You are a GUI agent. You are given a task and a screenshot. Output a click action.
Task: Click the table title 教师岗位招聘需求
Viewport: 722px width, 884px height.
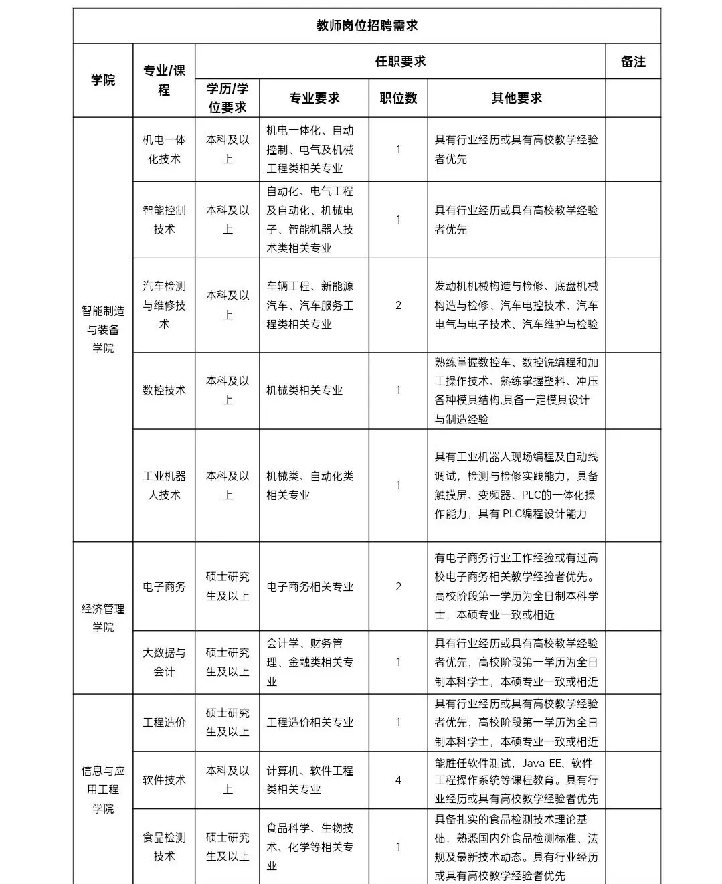coord(367,26)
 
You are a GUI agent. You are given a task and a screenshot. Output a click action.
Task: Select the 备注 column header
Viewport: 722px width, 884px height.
coord(633,62)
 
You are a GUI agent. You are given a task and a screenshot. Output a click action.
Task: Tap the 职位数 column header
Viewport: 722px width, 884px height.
coord(398,98)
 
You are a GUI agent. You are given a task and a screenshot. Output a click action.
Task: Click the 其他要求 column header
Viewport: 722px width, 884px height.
coord(517,98)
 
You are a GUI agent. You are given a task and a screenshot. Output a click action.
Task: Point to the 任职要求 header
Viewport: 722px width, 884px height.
coord(400,62)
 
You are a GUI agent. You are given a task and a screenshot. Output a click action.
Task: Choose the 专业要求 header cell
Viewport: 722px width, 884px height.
coord(314,98)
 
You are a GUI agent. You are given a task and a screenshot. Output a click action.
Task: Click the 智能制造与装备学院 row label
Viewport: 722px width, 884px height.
coord(103,329)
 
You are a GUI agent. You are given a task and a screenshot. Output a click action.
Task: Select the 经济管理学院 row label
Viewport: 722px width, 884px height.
coord(103,618)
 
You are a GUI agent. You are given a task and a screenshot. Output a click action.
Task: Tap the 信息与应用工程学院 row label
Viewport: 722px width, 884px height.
coord(103,790)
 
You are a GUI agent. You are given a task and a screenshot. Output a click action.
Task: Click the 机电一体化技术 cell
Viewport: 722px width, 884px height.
coord(164,149)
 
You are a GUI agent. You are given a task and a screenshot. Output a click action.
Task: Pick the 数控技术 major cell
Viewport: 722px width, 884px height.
coord(164,390)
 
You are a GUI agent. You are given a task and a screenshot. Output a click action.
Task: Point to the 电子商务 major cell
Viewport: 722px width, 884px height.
coord(164,586)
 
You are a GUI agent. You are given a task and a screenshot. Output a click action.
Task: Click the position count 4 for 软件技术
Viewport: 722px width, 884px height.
coord(398,780)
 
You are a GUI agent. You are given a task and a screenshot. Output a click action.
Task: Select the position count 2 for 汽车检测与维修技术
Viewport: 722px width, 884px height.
coord(398,305)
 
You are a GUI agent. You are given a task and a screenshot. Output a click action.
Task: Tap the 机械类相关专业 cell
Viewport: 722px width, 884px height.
coord(304,390)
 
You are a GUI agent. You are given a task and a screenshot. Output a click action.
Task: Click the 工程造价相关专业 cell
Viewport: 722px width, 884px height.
coord(310,723)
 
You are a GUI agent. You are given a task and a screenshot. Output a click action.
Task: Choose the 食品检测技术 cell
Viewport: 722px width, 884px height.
coord(164,847)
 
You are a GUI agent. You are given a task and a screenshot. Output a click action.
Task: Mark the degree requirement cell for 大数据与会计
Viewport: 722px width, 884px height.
coord(228,662)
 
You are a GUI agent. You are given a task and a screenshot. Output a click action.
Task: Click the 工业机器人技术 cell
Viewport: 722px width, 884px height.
coord(164,485)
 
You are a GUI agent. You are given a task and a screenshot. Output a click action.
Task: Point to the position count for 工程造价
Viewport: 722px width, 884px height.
coord(398,723)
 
